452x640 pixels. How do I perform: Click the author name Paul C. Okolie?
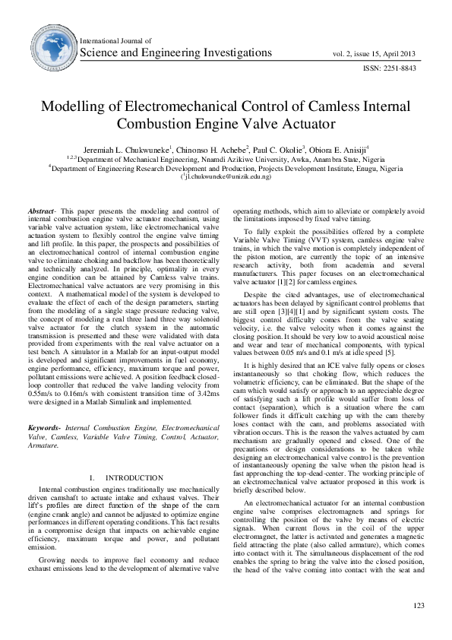[x=270, y=149]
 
